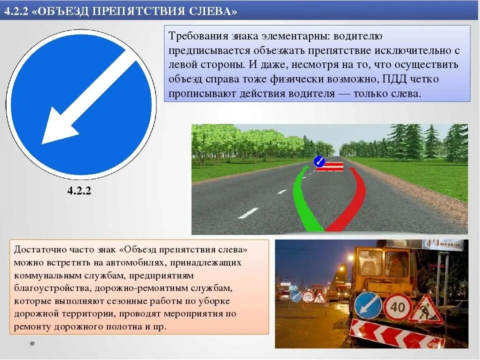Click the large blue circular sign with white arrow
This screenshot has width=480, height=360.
pyautogui.click(x=80, y=104)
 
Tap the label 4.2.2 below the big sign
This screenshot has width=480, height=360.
pyautogui.click(x=79, y=191)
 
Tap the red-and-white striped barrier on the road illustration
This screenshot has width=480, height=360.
pyautogui.click(x=330, y=166)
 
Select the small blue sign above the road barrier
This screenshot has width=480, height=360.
pyautogui.click(x=319, y=161)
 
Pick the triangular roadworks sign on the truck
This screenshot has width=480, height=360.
pyautogui.click(x=425, y=310)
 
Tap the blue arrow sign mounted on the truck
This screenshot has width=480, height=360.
pyautogui.click(x=368, y=305)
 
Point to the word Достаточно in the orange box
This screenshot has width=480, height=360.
pyautogui.click(x=38, y=249)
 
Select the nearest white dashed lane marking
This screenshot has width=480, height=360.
pyautogui.click(x=248, y=213)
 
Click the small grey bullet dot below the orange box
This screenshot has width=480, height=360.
pyautogui.click(x=32, y=343)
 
